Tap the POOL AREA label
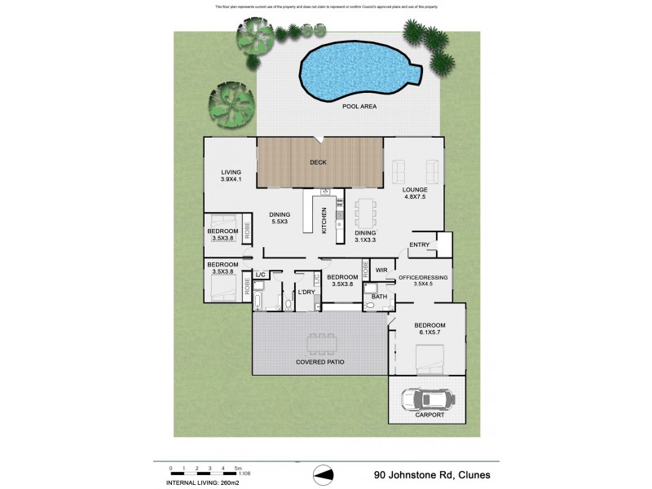pyautogui.click(x=359, y=107)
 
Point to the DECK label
pyautogui.click(x=318, y=162)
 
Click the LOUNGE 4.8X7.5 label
pyautogui.click(x=416, y=193)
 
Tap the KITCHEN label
pyautogui.click(x=324, y=220)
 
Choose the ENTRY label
pyautogui.click(x=419, y=244)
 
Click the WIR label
pyautogui.click(x=381, y=270)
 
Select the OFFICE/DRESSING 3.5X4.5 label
pyautogui.click(x=423, y=281)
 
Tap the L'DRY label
pyautogui.click(x=306, y=292)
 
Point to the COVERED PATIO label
pyautogui.click(x=318, y=361)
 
